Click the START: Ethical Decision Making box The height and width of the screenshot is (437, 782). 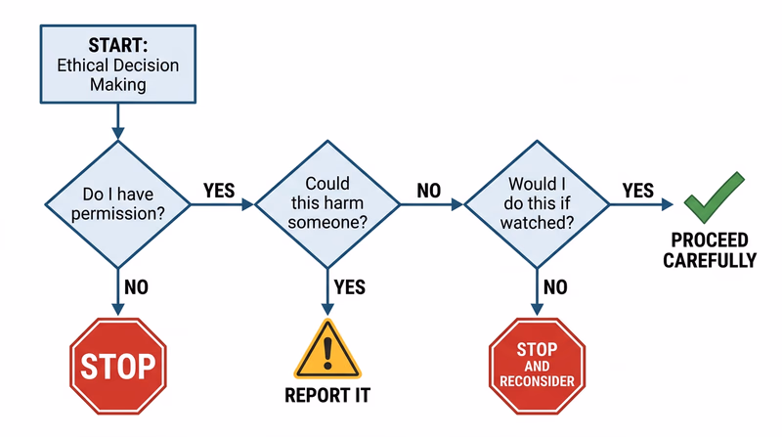point(117,64)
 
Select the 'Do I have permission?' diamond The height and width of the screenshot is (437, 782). point(117,203)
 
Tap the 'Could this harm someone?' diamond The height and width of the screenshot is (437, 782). point(327,203)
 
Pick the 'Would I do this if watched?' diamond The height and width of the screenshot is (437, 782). point(537,203)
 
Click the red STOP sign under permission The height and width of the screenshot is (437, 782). point(117,367)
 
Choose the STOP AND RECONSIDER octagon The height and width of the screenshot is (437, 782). point(537,364)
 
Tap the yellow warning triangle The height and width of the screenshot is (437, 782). point(327,351)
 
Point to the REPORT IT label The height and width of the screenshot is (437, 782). point(327,397)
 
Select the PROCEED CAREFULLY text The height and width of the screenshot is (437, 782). point(710,250)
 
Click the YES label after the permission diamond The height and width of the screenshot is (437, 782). point(219,190)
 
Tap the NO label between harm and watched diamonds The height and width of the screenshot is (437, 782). point(429,190)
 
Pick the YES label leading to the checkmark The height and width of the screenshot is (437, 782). point(637,190)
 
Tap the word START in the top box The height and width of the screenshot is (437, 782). point(117,45)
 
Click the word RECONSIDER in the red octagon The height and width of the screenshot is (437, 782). point(537,381)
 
